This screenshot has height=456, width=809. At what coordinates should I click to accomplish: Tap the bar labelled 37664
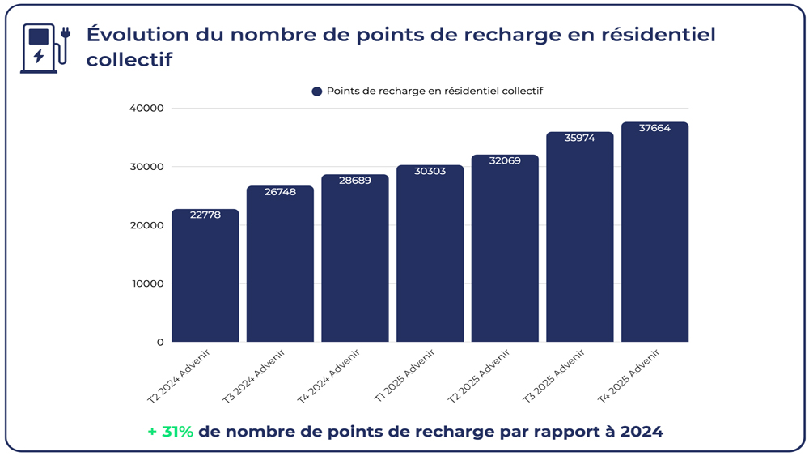click(654, 235)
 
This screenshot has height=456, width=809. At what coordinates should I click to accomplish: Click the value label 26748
click(280, 193)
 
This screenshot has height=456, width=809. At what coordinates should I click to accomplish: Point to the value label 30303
click(430, 172)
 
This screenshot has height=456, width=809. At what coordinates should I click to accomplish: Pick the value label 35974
click(579, 139)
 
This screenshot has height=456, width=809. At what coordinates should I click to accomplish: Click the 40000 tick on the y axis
click(146, 109)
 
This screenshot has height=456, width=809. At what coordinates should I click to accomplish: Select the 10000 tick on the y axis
click(146, 283)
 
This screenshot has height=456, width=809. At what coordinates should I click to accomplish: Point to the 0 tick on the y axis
click(160, 342)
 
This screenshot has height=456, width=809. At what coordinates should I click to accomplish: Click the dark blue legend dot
click(317, 92)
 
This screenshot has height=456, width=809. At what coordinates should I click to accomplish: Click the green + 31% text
click(171, 432)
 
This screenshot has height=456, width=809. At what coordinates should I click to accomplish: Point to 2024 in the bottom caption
click(641, 432)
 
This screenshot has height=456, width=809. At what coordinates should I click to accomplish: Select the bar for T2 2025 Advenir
click(505, 251)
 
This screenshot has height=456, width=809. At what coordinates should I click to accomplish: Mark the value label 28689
click(355, 181)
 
